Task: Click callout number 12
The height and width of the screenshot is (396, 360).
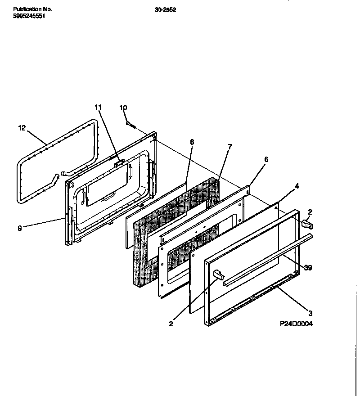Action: (22, 128)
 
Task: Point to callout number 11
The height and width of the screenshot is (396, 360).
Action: (98, 107)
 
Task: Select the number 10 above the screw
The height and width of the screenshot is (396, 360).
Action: (123, 107)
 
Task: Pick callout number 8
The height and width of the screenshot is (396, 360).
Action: (192, 142)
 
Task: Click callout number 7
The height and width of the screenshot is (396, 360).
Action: (230, 147)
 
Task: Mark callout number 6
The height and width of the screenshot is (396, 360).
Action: (266, 159)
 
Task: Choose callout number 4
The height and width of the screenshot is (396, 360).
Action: (297, 185)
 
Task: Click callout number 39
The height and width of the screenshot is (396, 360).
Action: (308, 268)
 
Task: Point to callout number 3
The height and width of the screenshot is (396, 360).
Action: (310, 313)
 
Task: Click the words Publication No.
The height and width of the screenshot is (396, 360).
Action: (32, 9)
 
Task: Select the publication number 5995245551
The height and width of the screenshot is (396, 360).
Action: (29, 16)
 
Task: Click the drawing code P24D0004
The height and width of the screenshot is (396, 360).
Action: (296, 324)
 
